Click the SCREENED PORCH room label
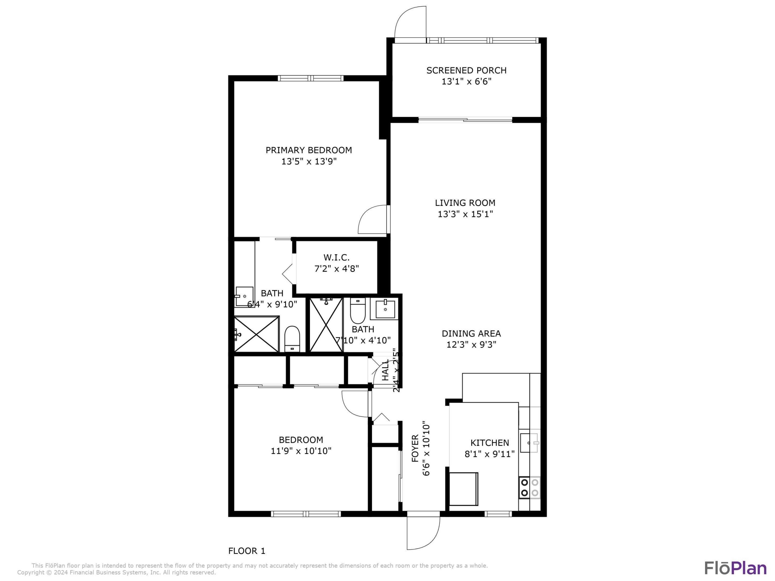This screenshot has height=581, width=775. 466,70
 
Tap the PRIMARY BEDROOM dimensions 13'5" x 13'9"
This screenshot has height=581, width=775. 309,161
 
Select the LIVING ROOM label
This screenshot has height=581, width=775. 465,203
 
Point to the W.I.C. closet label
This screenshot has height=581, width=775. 336,257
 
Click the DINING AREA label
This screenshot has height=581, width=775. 471,333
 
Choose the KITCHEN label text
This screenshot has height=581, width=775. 489,443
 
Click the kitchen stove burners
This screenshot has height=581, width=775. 529,487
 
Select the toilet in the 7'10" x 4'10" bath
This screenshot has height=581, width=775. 358,311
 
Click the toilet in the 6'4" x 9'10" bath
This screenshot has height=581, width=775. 292,339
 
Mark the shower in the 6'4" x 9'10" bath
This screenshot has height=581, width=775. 256,334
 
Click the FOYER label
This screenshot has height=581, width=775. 415,453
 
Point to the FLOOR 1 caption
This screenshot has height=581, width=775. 247,551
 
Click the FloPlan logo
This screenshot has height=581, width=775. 735,568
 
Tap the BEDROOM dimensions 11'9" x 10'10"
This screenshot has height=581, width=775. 301,451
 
